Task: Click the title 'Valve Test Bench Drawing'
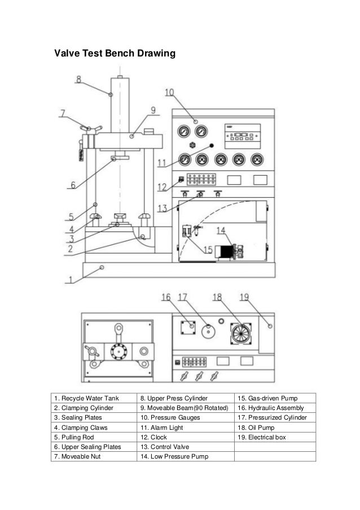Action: [x=115, y=54]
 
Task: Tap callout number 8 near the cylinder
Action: [x=78, y=79]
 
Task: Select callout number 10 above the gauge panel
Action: [x=169, y=93]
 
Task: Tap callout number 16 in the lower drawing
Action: [x=166, y=297]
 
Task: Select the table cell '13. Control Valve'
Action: [x=165, y=447]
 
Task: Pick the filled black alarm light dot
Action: [x=210, y=145]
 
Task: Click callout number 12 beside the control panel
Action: [x=162, y=187]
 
